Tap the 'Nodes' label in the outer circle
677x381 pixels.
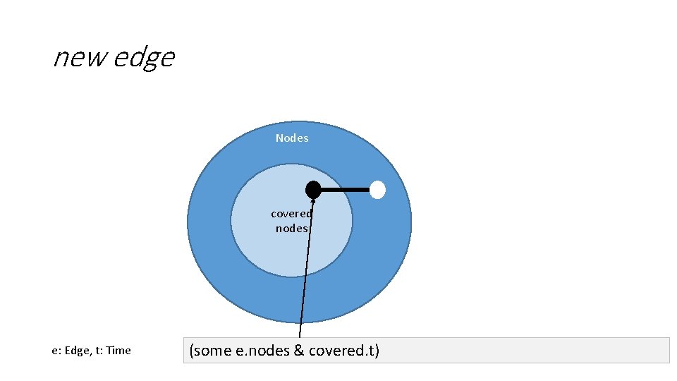[x=292, y=138]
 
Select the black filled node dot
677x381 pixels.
[x=313, y=189]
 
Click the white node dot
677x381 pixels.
[x=378, y=190]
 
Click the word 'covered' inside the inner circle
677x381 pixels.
[x=291, y=213]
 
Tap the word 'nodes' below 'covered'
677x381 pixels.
[x=291, y=228]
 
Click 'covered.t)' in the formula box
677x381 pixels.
[x=344, y=350]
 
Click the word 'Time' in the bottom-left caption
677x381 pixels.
[x=118, y=350]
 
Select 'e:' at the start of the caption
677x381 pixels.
[x=56, y=350]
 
